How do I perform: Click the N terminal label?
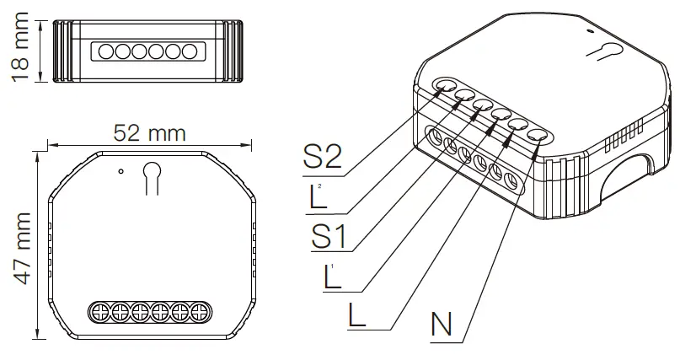point(443,324)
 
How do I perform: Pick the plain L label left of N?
point(358,314)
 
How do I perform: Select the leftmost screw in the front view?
point(98,312)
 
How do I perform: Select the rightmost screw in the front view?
point(200,312)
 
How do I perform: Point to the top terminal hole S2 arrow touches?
point(444,86)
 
